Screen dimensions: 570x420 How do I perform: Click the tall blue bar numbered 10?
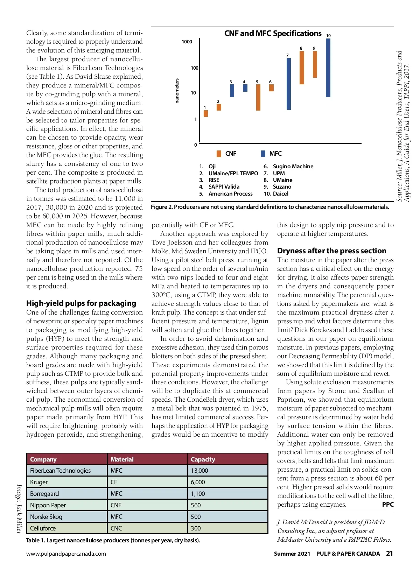(x=328, y=68)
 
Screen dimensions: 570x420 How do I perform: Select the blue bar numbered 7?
(x=288, y=84)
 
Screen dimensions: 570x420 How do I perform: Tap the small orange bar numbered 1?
(x=206, y=113)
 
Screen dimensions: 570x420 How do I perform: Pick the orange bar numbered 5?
(x=258, y=97)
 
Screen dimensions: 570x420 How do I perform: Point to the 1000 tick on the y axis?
(x=187, y=42)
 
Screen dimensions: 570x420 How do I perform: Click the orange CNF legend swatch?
(x=219, y=154)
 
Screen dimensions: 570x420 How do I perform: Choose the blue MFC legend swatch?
(x=263, y=154)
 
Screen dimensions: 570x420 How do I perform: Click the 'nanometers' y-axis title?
(x=177, y=91)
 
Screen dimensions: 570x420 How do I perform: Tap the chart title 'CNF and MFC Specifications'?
(x=273, y=33)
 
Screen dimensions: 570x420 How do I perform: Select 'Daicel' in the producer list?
(x=280, y=193)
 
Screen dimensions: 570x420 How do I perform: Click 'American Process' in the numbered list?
(x=230, y=193)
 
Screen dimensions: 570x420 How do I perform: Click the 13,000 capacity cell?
(x=199, y=471)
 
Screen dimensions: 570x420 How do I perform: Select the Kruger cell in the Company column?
(x=39, y=482)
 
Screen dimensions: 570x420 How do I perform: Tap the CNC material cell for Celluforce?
(x=117, y=528)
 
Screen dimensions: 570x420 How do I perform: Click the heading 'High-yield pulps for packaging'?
(x=81, y=303)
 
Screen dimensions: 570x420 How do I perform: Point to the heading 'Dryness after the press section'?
(x=331, y=251)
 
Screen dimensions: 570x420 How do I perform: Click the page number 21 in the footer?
(x=389, y=553)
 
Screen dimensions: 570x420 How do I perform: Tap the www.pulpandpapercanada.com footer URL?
(x=66, y=554)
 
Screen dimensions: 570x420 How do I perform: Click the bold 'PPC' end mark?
(x=388, y=505)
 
